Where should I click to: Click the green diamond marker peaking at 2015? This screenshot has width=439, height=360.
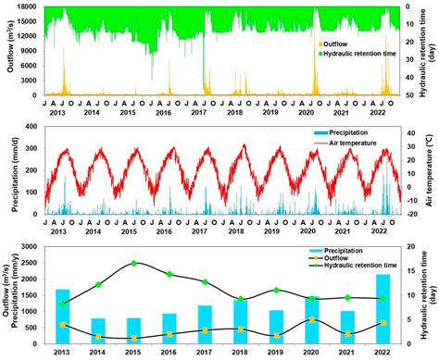click(134, 263)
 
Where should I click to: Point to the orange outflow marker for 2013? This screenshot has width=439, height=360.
click(63, 324)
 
